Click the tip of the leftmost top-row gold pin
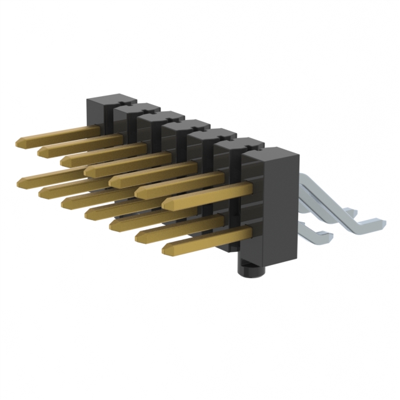(x=19, y=143)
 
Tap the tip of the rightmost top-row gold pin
(x=164, y=204)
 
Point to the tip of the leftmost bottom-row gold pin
(x=20, y=181)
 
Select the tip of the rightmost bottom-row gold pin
(x=164, y=249)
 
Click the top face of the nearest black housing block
(x=269, y=153)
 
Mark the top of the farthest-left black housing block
(x=110, y=100)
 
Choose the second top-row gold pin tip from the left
(x=41, y=152)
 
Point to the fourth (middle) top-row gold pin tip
(x=87, y=170)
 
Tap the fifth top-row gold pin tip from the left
(x=111, y=181)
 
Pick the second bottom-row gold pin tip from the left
(x=41, y=192)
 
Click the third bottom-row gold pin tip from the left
(x=64, y=202)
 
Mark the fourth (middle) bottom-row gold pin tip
(x=87, y=212)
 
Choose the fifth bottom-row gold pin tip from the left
(x=112, y=224)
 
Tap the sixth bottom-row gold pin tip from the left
(x=137, y=236)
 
